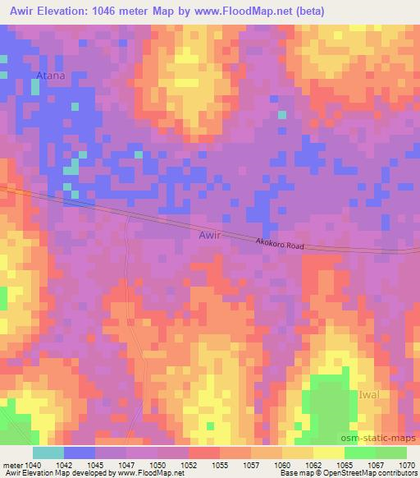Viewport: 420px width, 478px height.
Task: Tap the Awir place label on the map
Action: tap(210, 235)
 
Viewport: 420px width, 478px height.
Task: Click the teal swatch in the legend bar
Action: tap(48, 453)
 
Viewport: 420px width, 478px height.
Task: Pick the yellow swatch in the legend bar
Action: tap(329, 453)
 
